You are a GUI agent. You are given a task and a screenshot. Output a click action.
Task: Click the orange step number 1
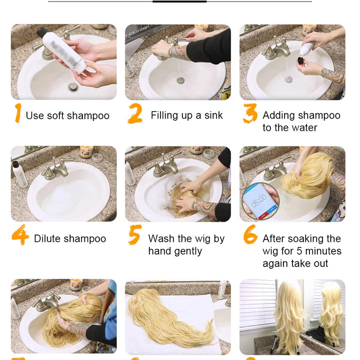pyautogui.click(x=18, y=113)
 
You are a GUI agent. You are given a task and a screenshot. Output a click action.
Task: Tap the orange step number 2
pyautogui.click(x=135, y=113)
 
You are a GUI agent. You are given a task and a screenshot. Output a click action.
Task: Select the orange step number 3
pyautogui.click(x=250, y=113)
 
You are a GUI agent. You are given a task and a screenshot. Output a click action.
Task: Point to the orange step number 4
pyautogui.click(x=20, y=235)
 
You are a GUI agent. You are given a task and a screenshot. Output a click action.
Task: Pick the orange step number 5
pyautogui.click(x=134, y=235)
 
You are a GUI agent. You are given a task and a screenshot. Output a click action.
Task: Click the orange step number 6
pyautogui.click(x=250, y=235)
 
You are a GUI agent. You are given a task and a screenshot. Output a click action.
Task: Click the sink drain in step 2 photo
pyautogui.click(x=180, y=80)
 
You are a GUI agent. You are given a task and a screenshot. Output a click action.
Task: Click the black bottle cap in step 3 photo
pyautogui.click(x=300, y=60)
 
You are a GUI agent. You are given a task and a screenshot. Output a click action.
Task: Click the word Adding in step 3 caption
pyautogui.click(x=278, y=115)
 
